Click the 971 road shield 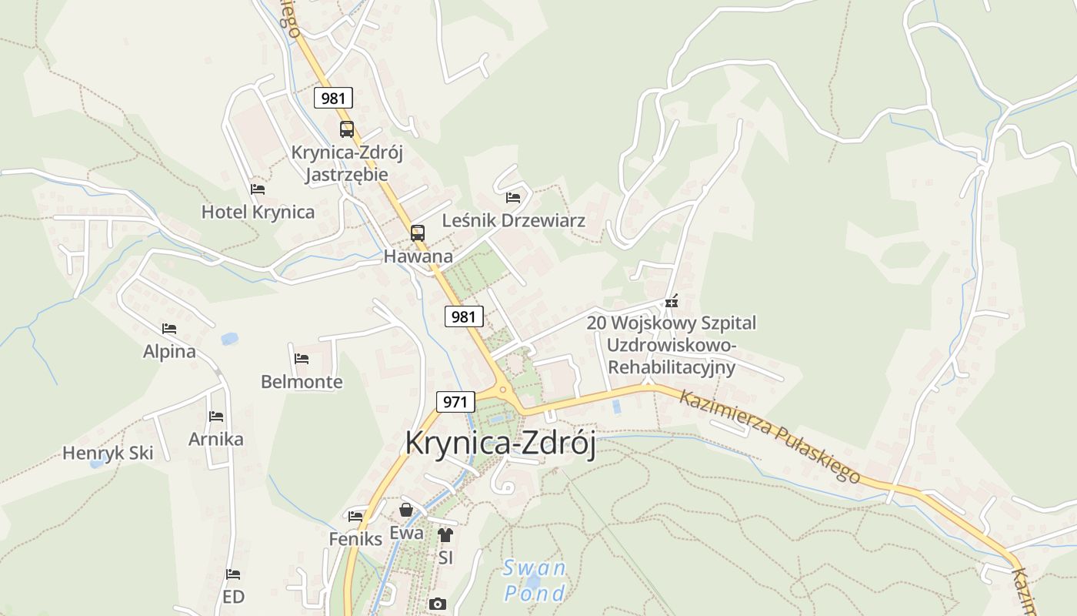[455, 401]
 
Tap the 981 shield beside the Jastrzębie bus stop [333, 98]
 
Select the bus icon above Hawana [417, 233]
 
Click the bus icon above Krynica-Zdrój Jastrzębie [347, 129]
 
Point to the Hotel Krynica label [258, 212]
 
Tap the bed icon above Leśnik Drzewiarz [513, 198]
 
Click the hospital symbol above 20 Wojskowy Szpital [672, 301]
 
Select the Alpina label [169, 352]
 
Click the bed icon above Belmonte [302, 359]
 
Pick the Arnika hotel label [216, 440]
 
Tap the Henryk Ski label [108, 453]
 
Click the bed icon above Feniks [355, 516]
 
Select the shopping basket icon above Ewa [406, 510]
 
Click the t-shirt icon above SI [445, 534]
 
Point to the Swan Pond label [535, 581]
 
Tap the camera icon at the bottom [438, 604]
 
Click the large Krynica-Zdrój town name [500, 444]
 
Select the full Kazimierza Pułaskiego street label [769, 436]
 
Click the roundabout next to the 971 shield [505, 390]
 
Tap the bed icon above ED [233, 574]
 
